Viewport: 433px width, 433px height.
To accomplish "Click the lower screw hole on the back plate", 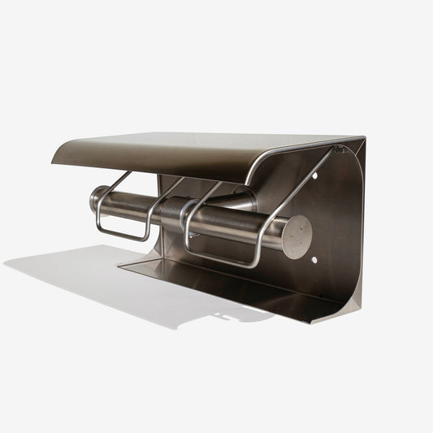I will coord(313,260).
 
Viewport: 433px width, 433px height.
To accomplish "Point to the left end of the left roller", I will coord(96,199).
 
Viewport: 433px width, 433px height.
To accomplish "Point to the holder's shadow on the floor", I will coord(122,284).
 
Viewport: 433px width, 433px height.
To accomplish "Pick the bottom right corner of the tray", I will coord(313,321).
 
